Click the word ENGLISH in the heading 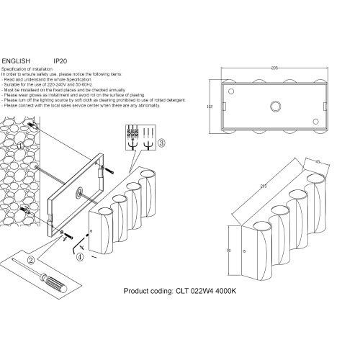tap(17, 61)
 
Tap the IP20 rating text tap(60, 61)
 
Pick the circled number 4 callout tap(81, 256)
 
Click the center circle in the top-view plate tap(274, 107)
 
